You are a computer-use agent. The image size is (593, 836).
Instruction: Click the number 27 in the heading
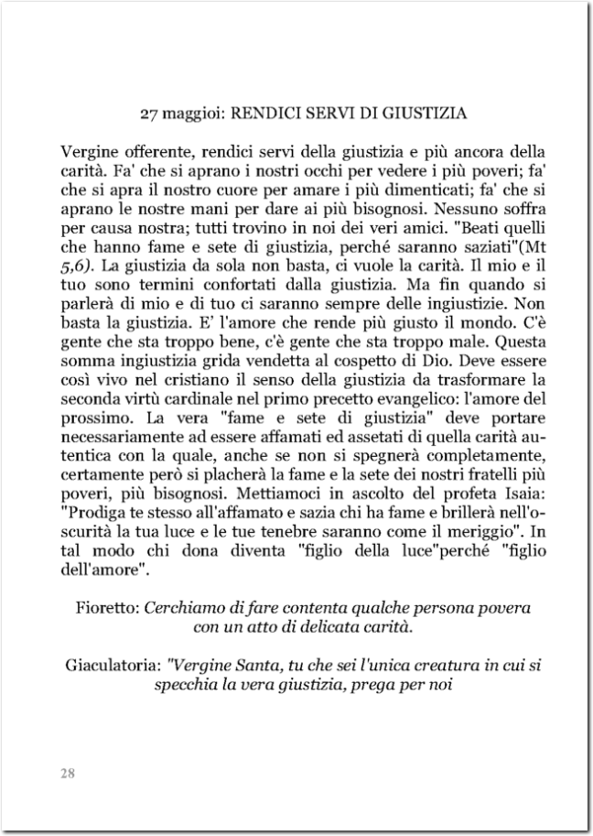[x=149, y=114]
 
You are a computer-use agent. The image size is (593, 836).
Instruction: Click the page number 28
[x=68, y=773]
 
